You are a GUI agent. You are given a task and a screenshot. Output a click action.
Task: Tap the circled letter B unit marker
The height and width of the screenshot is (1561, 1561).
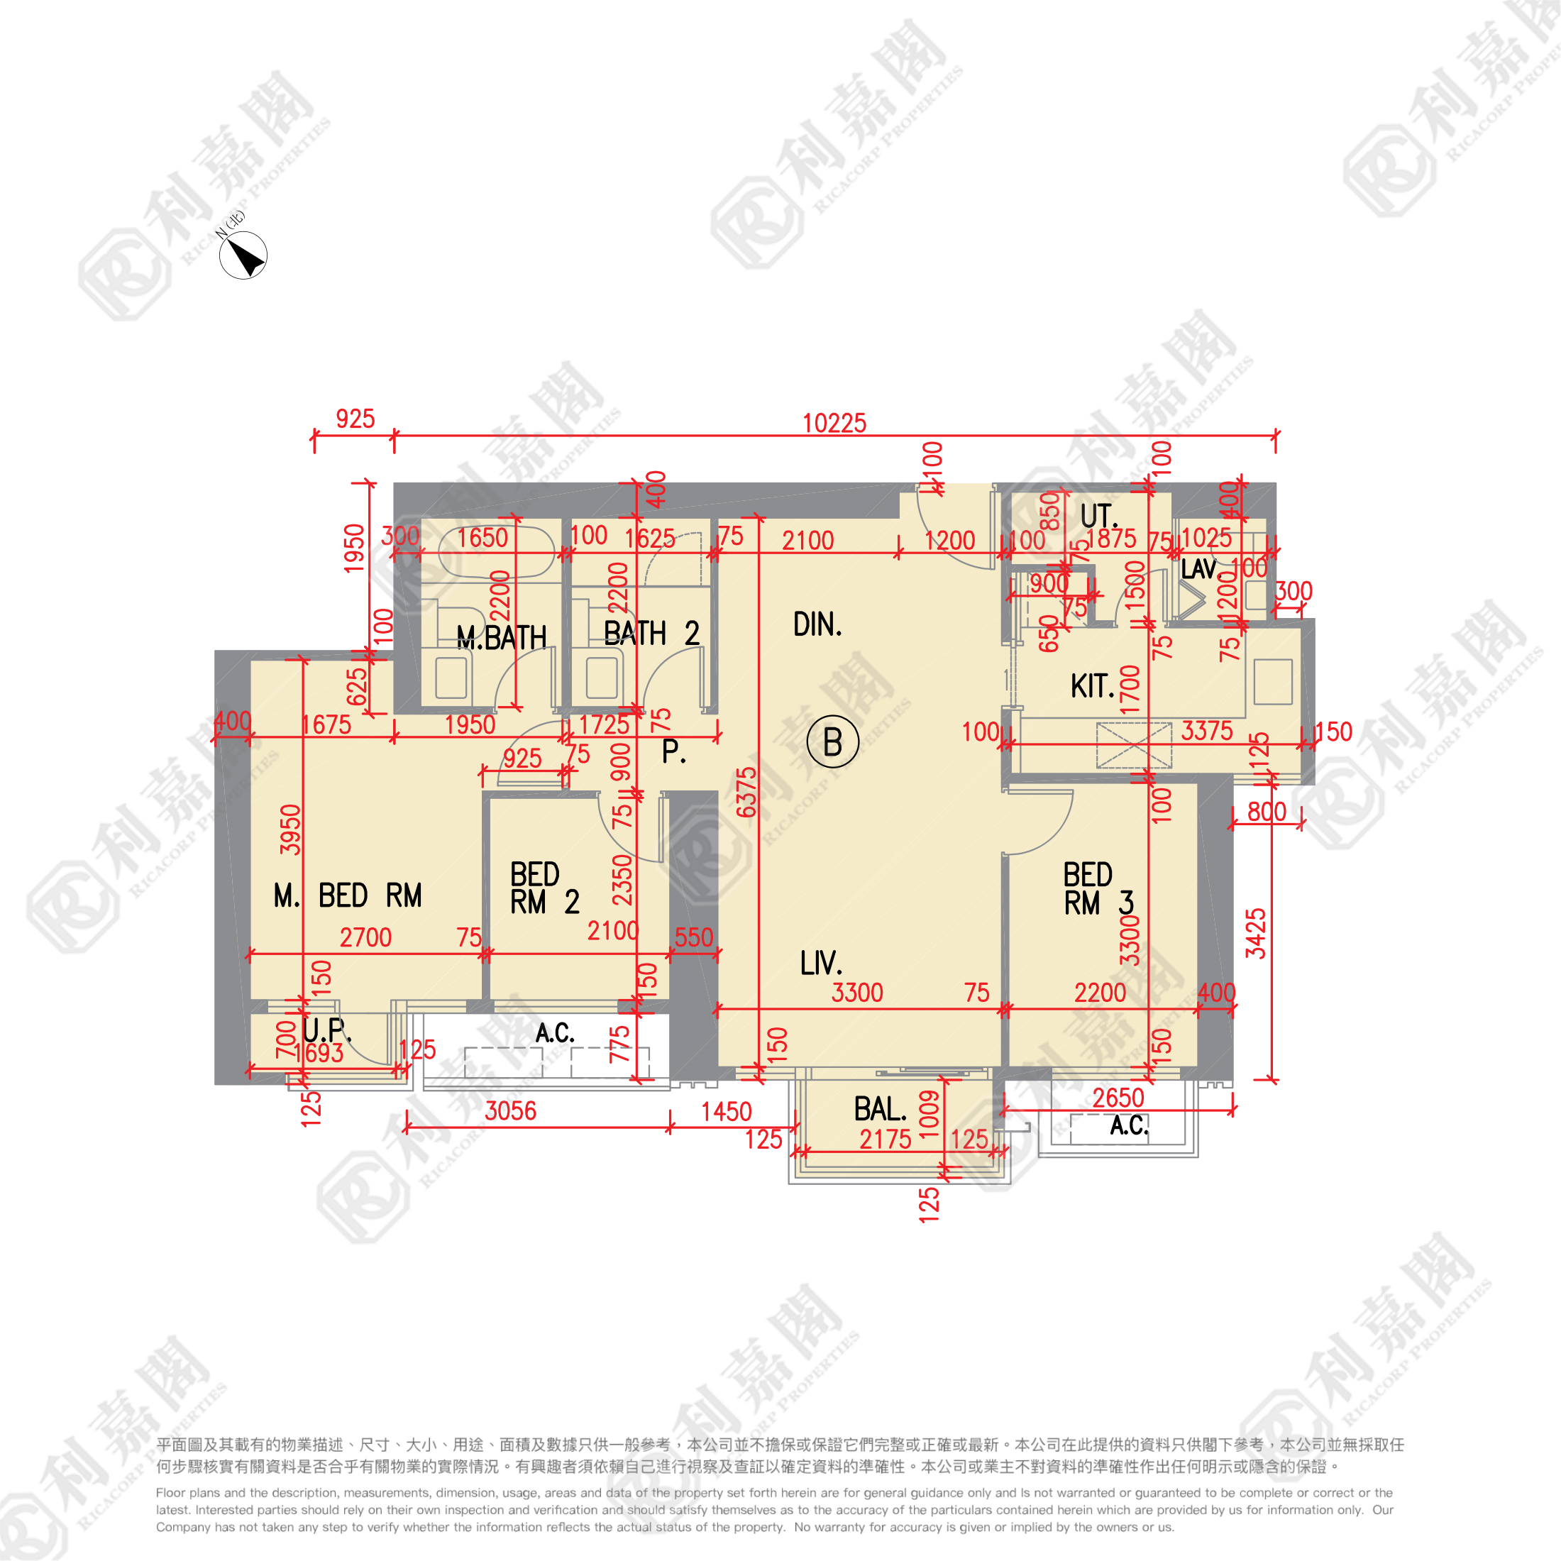832,741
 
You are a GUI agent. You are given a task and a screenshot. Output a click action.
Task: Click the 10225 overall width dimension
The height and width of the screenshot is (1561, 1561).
834,423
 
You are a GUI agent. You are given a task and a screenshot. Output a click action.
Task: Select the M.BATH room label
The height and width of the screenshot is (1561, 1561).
501,637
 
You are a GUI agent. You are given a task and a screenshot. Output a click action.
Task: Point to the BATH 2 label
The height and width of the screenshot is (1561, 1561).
651,634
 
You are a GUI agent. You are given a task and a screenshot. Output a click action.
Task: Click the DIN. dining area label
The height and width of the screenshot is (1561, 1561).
817,624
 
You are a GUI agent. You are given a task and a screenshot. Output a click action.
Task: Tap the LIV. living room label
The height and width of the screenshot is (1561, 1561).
821,963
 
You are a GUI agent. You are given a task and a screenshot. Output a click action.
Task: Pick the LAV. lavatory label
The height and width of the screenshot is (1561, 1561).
1198,570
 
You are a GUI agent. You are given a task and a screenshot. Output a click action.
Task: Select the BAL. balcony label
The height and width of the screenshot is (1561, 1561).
880,1109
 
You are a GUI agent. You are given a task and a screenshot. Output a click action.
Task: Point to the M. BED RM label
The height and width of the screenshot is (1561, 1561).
348,895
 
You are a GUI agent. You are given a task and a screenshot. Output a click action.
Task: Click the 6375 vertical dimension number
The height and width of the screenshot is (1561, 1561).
746,792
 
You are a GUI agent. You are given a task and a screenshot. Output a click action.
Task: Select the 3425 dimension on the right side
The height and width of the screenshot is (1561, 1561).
1254,933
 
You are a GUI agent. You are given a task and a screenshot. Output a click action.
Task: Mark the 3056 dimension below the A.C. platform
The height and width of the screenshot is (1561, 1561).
511,1111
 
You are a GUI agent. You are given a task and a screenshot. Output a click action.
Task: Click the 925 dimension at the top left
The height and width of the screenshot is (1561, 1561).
355,419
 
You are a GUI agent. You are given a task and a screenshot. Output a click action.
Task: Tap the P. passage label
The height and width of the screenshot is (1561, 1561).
674,751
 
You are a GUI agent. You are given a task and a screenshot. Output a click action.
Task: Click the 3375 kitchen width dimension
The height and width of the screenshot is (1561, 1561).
1206,732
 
